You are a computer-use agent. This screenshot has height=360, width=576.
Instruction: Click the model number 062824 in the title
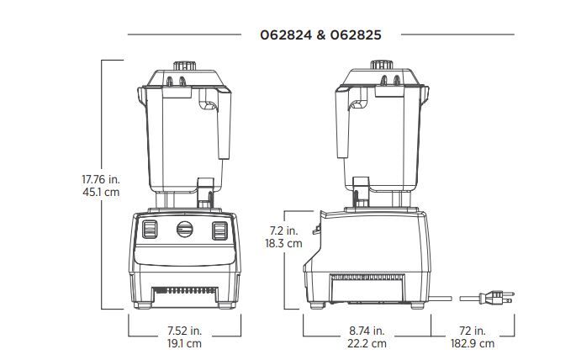click(x=286, y=34)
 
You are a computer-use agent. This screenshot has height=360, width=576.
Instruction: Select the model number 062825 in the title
click(x=356, y=34)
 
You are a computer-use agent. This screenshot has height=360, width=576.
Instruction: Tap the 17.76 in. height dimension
click(x=101, y=179)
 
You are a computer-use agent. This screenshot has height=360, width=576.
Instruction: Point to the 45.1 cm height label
click(x=101, y=192)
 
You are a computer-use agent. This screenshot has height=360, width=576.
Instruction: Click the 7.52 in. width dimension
click(x=185, y=331)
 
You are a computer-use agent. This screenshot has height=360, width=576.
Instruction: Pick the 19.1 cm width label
click(x=184, y=343)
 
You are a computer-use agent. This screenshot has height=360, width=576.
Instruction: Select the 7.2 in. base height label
click(x=284, y=230)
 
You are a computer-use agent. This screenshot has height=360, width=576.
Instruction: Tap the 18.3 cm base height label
click(x=283, y=243)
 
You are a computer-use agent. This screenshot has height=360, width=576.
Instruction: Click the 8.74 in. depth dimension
click(x=367, y=331)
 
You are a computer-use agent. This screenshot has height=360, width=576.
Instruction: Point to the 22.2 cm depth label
click(x=367, y=343)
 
